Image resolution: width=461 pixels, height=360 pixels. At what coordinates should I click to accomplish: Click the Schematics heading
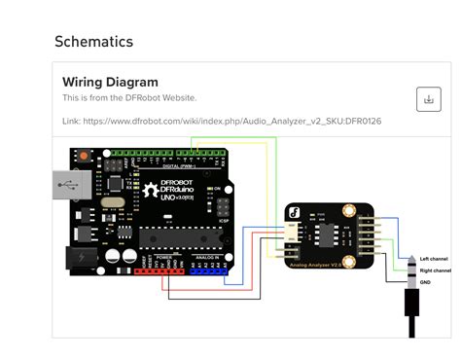93,42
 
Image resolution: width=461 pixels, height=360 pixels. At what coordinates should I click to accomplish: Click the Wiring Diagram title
110,82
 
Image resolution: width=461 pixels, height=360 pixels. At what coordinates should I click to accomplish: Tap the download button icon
428,98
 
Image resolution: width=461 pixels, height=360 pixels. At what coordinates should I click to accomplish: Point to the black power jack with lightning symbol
78,256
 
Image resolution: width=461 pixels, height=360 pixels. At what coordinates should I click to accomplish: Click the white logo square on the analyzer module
293,212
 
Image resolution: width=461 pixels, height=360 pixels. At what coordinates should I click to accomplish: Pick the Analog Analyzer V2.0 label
322,266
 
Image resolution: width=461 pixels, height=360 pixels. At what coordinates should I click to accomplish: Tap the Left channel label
435,258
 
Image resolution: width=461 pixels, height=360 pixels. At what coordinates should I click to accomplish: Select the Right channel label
436,270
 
